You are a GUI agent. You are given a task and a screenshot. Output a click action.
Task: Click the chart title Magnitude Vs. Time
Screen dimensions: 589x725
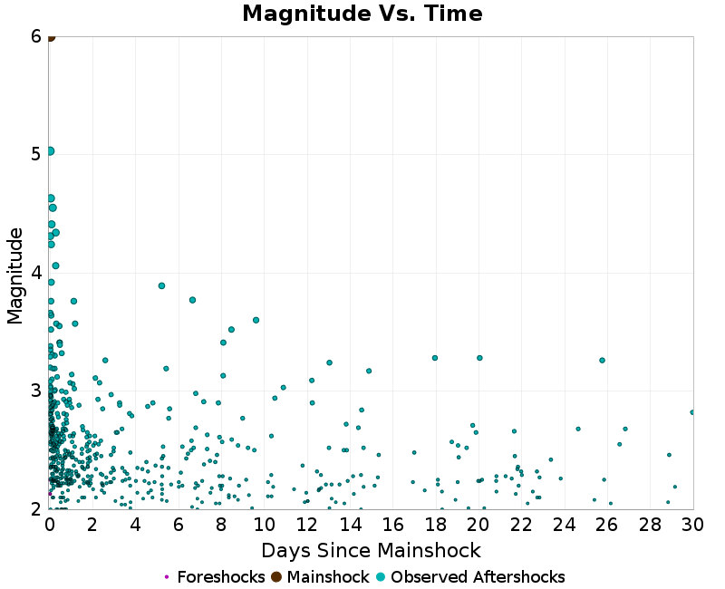point(362,14)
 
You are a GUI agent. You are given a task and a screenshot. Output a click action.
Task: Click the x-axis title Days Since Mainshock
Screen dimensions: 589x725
point(371,550)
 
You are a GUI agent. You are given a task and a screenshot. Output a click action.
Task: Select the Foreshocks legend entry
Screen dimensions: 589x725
point(215,577)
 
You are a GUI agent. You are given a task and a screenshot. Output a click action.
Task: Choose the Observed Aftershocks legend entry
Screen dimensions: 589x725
point(470,577)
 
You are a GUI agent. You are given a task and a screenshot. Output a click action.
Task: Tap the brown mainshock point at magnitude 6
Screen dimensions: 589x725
point(51,37)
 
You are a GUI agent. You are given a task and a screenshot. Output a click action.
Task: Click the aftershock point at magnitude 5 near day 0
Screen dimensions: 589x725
point(51,151)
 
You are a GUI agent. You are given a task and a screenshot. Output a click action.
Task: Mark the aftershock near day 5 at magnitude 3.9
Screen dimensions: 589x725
point(161,285)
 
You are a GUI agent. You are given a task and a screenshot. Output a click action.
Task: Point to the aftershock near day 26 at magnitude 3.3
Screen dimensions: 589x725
point(602,360)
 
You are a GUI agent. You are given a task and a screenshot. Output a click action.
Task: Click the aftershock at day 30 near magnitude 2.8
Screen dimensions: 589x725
point(692,412)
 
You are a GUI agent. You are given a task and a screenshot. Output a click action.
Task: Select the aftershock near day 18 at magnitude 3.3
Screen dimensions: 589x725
point(435,358)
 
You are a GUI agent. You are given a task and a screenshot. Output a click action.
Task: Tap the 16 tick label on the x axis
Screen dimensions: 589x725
point(392,526)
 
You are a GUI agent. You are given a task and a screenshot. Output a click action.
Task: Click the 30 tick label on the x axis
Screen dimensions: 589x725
point(692,526)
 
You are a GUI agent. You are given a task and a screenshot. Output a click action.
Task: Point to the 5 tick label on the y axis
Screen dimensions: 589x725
point(36,155)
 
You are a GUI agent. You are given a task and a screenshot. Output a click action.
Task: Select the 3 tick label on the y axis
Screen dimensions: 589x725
point(36,391)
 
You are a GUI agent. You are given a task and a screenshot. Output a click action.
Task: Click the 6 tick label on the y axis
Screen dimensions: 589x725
point(36,37)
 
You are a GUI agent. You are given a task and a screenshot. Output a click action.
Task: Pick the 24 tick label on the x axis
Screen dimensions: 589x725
point(565,526)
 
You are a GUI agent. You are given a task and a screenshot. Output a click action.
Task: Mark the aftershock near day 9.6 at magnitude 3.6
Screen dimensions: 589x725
point(256,320)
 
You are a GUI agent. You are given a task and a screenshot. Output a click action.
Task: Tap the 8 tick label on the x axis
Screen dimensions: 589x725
point(221,526)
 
